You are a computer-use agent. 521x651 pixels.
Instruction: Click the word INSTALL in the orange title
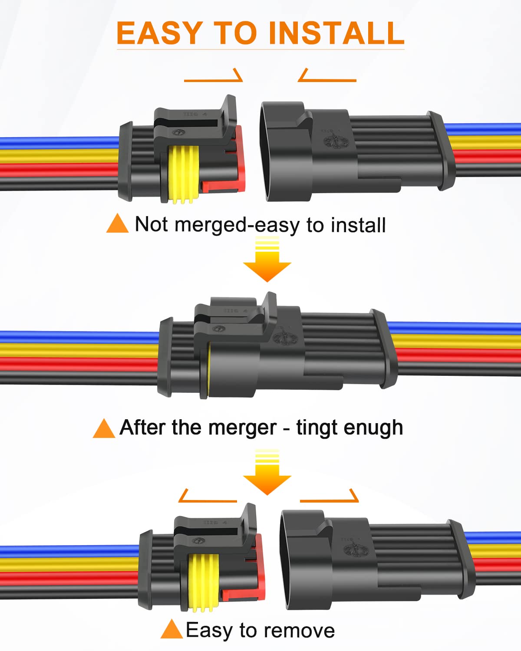click(336, 33)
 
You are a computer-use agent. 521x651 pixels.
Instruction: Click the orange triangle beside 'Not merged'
click(117, 224)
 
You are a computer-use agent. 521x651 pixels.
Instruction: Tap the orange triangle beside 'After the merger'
click(104, 428)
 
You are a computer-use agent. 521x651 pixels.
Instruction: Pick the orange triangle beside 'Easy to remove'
click(171, 629)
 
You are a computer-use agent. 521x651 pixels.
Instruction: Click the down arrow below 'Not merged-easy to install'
click(267, 263)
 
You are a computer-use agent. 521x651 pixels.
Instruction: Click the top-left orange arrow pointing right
click(214, 78)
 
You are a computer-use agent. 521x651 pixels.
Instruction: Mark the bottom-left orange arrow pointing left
click(208, 498)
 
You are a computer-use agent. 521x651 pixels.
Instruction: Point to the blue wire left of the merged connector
click(78, 335)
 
